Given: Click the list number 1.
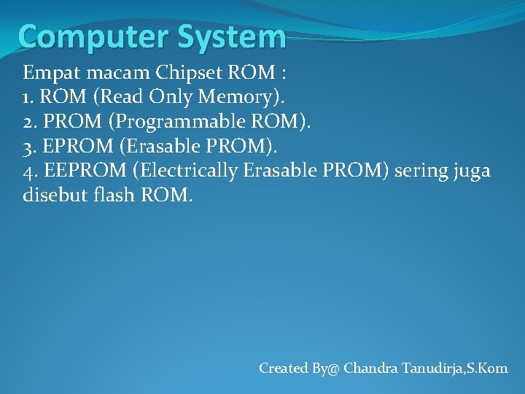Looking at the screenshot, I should (27, 98).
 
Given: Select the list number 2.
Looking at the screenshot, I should (28, 122).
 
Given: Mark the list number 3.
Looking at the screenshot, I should (28, 147).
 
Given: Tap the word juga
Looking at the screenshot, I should (473, 171).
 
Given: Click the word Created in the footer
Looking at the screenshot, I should (284, 368).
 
